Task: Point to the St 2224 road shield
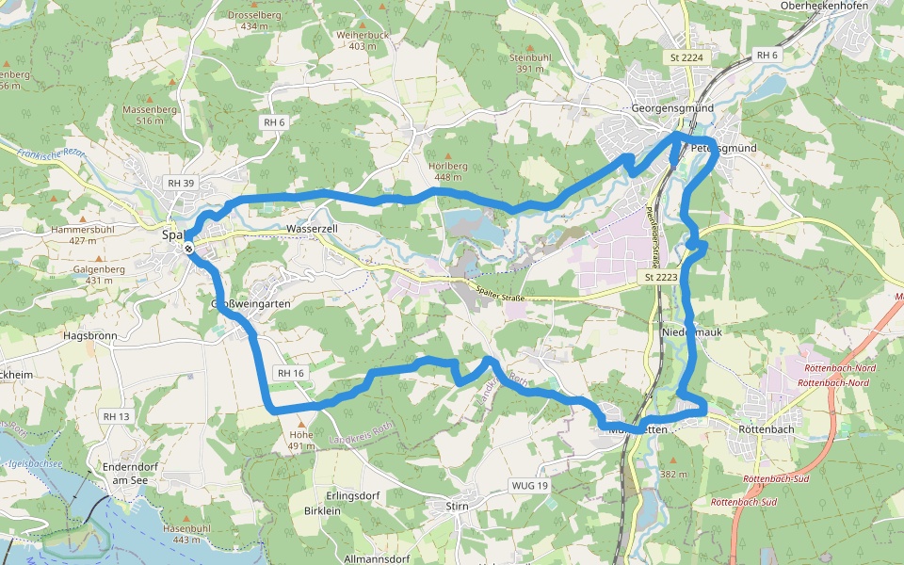(686, 58)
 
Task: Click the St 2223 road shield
(661, 278)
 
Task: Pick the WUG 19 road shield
(529, 486)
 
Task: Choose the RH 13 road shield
(116, 416)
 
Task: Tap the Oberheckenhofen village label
(826, 6)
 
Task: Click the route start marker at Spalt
(189, 248)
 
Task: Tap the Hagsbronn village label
(90, 335)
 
